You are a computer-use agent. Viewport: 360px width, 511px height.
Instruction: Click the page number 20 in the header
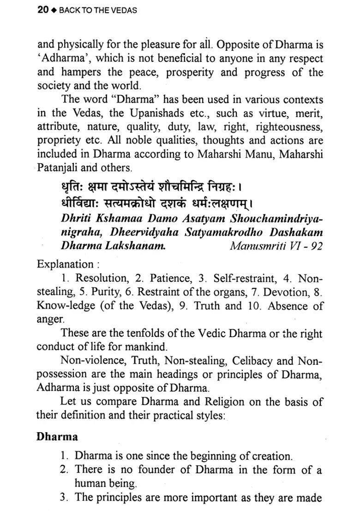tap(42, 10)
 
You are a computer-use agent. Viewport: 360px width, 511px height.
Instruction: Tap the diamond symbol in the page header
tap(53, 10)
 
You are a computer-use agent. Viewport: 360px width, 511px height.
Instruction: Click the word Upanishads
tap(133, 113)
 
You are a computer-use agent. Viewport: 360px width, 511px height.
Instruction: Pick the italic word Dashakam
tap(297, 232)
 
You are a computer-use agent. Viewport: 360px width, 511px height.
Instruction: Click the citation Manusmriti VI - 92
tap(276, 246)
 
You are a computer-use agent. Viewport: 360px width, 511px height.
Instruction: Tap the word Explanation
tap(65, 264)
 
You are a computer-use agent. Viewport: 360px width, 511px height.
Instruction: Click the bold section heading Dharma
tap(57, 436)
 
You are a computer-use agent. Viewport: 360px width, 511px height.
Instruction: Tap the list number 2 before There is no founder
tap(64, 470)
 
